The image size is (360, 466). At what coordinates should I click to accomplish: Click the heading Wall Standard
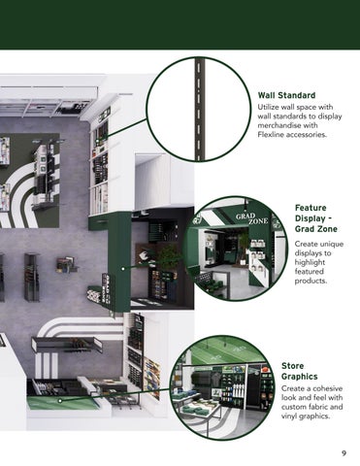[286, 95]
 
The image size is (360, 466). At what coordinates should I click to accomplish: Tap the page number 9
[344, 453]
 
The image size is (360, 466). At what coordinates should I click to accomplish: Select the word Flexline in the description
[270, 134]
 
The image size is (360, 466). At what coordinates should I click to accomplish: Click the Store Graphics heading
[300, 371]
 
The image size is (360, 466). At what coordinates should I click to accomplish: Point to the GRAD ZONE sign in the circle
[252, 218]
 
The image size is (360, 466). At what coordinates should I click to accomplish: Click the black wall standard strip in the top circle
[199, 109]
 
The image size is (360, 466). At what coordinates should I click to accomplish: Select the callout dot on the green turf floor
[60, 401]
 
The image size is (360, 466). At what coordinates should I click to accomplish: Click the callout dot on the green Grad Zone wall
[123, 269]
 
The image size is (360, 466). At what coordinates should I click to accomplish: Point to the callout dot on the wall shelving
[97, 141]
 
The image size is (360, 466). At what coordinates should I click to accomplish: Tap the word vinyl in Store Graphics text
[289, 416]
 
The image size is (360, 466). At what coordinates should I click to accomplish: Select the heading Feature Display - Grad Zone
[316, 218]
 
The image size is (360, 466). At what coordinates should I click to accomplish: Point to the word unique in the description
[333, 244]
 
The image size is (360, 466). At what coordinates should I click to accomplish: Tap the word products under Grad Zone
[311, 281]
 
